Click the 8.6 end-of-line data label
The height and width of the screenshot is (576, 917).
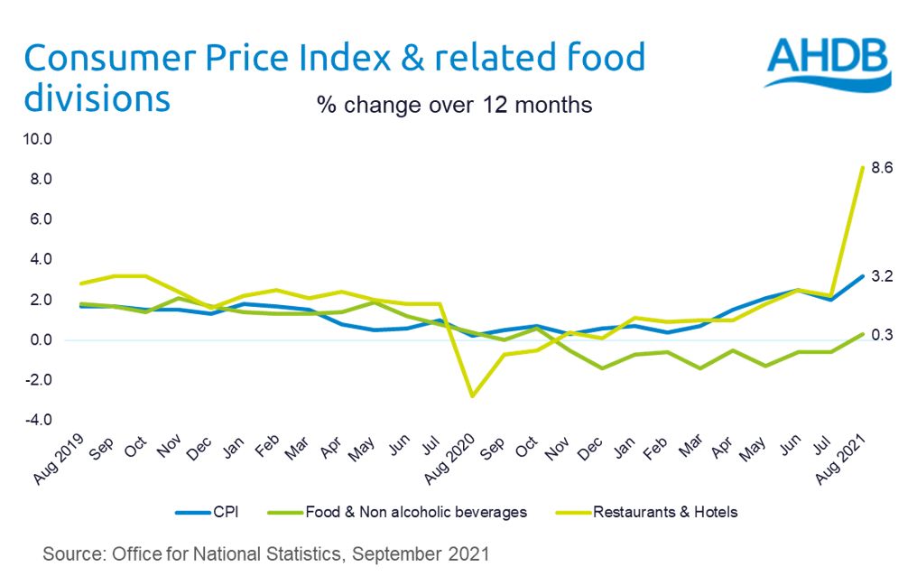click(880, 168)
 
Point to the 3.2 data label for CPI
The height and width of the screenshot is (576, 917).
click(882, 276)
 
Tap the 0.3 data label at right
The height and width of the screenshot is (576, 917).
click(882, 335)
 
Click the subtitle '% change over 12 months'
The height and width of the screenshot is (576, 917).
click(454, 105)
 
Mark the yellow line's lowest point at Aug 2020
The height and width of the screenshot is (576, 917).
click(471, 396)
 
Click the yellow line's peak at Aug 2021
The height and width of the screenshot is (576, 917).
click(863, 167)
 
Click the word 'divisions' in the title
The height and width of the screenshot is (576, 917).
click(97, 98)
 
